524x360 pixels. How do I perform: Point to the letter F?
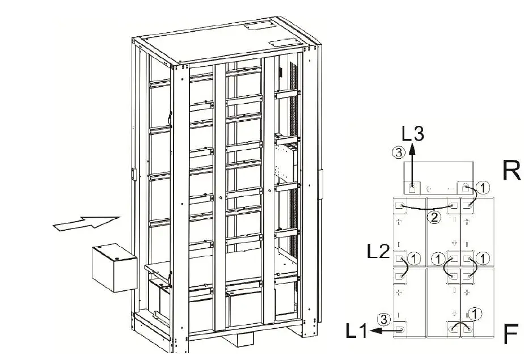click(x=511, y=334)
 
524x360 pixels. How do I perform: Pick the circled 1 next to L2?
click(x=415, y=259)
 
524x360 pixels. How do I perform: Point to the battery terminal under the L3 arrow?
click(x=412, y=187)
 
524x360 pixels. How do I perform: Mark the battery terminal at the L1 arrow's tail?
click(x=401, y=329)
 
